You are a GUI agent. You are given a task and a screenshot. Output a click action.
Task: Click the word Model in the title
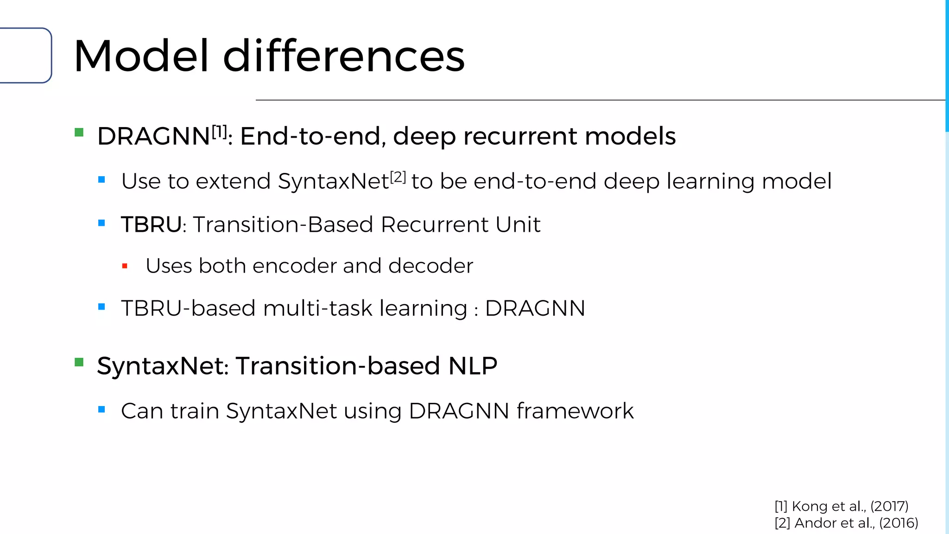pos(141,56)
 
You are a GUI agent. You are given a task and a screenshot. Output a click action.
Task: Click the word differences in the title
pos(344,56)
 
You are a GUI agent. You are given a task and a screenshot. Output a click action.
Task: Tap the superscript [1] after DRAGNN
pos(219,132)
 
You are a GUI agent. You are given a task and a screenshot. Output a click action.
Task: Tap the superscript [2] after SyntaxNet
pos(398,177)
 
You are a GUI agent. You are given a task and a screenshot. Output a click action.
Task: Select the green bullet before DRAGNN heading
pos(79,133)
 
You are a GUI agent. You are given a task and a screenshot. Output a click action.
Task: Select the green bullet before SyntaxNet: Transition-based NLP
pos(79,362)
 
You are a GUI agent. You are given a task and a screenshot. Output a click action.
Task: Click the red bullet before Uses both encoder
pos(125,266)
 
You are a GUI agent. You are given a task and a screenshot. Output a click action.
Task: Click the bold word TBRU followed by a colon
pos(151,225)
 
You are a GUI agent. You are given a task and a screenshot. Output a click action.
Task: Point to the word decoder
pos(430,266)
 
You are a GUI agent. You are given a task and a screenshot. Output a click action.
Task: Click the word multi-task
pos(317,308)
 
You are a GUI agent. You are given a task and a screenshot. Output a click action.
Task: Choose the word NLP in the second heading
pos(473,366)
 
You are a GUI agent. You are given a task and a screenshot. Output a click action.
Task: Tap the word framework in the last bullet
pos(575,411)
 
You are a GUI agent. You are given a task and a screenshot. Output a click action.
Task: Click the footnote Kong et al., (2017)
pos(841,506)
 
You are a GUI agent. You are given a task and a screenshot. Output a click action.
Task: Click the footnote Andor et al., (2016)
pos(846,523)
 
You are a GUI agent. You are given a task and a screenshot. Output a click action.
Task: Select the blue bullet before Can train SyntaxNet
pos(102,410)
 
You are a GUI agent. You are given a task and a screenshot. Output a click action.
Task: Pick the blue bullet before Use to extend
pos(102,180)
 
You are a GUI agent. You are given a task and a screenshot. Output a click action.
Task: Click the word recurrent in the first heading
pos(520,136)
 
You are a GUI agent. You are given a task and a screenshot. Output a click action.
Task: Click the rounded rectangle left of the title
pos(25,56)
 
